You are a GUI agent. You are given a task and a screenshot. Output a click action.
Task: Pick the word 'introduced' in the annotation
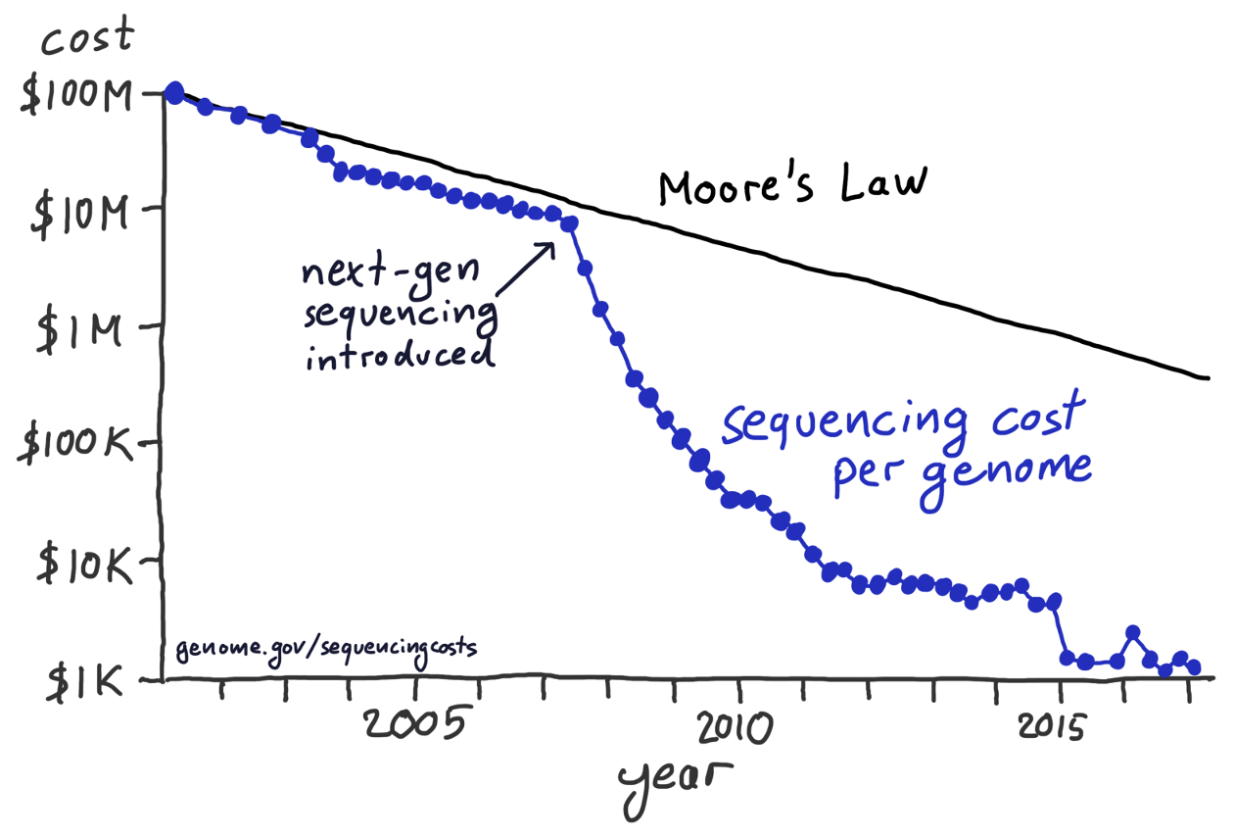[x=399, y=354]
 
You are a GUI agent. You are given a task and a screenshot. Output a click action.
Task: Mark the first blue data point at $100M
[x=175, y=93]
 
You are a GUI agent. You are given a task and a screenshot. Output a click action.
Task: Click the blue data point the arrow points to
[x=569, y=223]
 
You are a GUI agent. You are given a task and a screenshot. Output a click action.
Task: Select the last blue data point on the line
[x=1194, y=666]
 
